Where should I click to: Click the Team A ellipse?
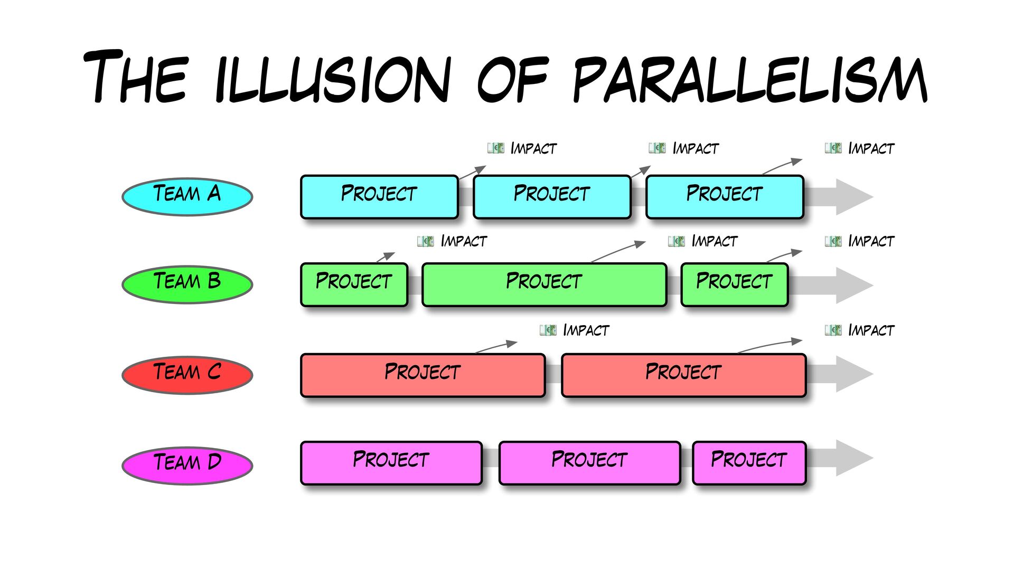(187, 196)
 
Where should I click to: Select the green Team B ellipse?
(187, 284)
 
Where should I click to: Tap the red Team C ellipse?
(187, 374)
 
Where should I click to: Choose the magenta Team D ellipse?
(187, 464)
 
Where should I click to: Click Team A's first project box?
(379, 196)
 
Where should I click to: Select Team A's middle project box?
(552, 196)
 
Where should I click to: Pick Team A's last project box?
(725, 196)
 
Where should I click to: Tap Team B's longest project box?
(544, 284)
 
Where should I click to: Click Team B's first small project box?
(354, 284)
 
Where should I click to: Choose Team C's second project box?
(683, 374)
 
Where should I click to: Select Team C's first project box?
(422, 374)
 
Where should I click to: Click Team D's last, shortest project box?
(749, 462)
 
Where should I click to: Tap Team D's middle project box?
(589, 462)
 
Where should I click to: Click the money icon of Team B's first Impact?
(426, 241)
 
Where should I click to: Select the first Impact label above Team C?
(586, 330)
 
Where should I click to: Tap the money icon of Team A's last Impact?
(833, 148)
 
